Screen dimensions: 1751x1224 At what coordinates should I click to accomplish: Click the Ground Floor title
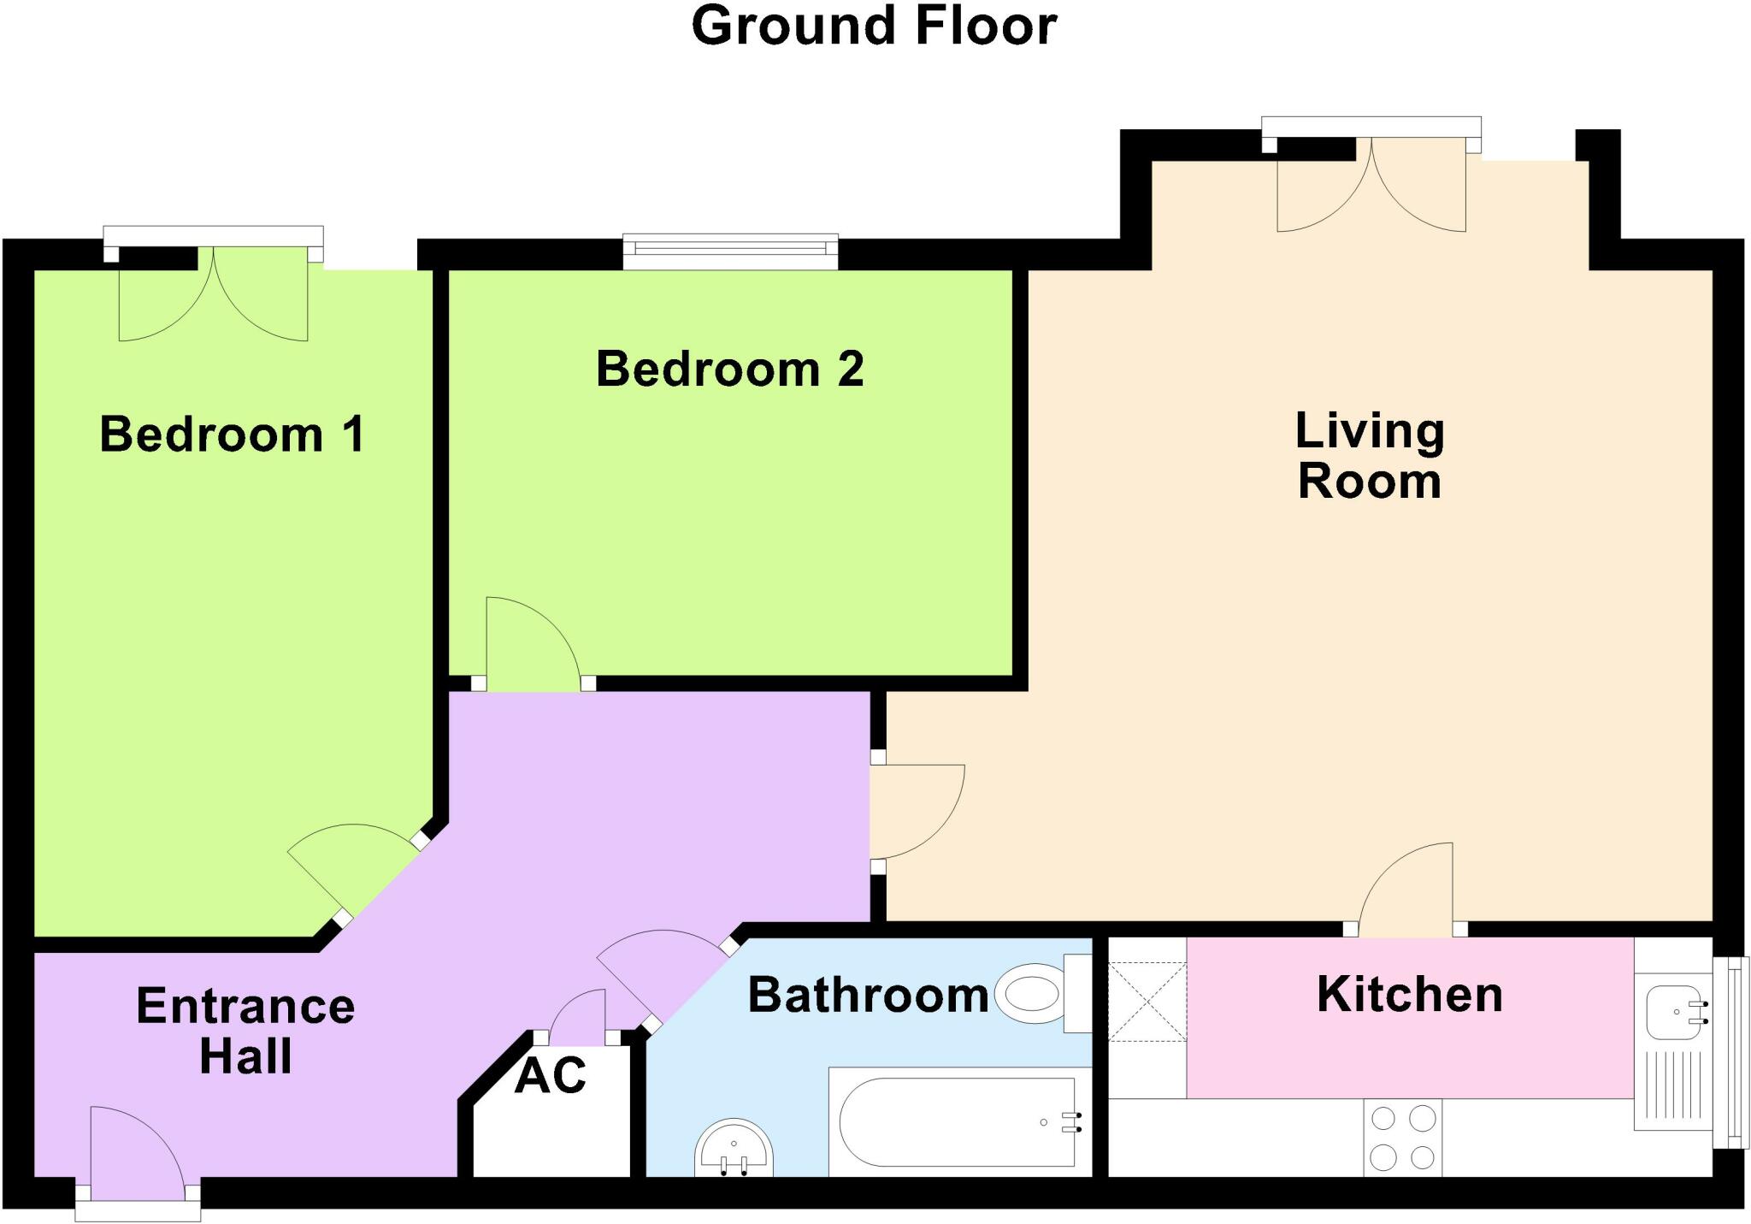coord(874,26)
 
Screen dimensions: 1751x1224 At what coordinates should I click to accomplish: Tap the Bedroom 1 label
coord(233,434)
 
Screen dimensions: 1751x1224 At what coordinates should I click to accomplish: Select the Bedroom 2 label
coord(730,369)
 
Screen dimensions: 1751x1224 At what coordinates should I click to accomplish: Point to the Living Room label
coord(1370,455)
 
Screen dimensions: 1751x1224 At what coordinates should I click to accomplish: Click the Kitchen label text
coord(1410,994)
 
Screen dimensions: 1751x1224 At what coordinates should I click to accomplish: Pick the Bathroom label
coord(869,995)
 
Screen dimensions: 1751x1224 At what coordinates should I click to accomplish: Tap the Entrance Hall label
coord(245,1031)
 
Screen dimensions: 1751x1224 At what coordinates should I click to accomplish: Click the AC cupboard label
coord(551,1075)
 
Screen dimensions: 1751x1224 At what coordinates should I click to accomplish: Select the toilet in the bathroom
coord(1044,994)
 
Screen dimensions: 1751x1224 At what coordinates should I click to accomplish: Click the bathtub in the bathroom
coord(960,1121)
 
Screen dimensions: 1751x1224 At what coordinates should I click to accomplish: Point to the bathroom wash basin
coord(734,1149)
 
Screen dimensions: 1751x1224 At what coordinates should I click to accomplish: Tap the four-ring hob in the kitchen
coord(1403,1138)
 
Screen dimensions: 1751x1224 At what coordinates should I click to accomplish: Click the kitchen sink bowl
coord(1676,1011)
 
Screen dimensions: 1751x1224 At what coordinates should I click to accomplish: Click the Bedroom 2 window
coord(730,251)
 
